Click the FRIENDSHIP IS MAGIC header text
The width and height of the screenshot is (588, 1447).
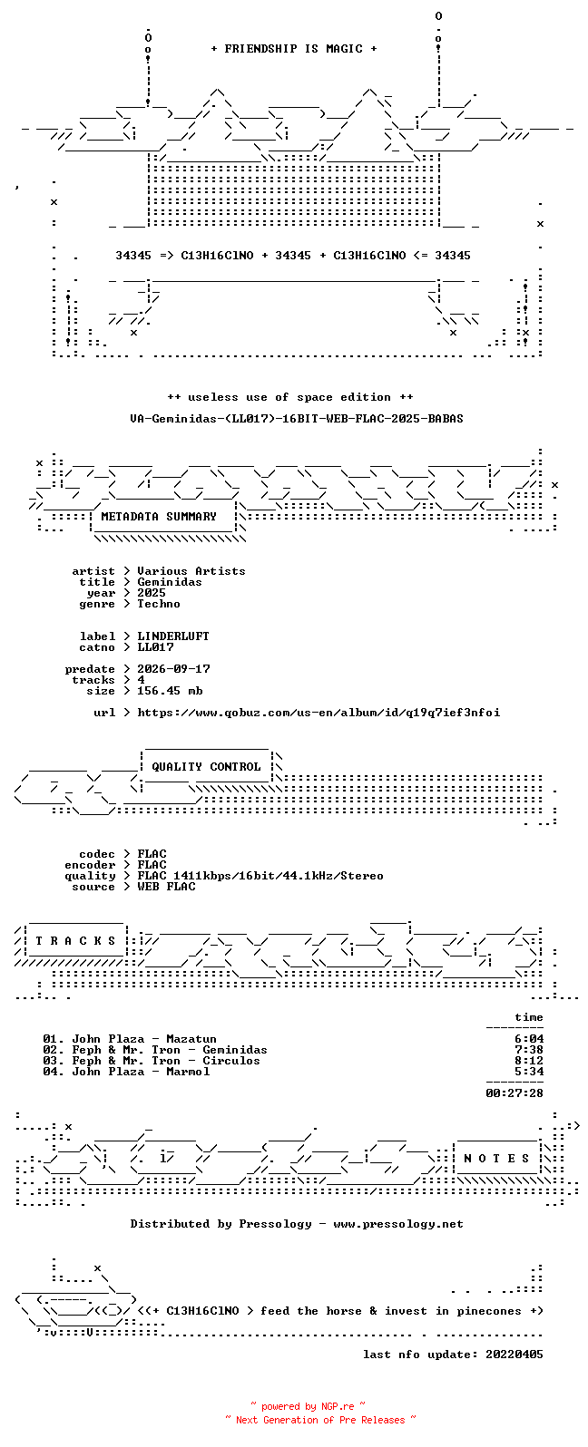pyautogui.click(x=294, y=49)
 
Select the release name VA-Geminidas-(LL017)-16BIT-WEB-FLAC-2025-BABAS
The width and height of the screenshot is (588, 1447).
pyautogui.click(x=297, y=419)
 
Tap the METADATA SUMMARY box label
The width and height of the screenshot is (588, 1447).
pyautogui.click(x=159, y=517)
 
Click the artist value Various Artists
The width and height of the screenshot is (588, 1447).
pyautogui.click(x=191, y=571)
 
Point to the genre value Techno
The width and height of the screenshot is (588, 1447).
pyautogui.click(x=159, y=604)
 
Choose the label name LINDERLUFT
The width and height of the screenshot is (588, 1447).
pyautogui.click(x=173, y=636)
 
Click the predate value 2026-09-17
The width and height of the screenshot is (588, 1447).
pyautogui.click(x=173, y=669)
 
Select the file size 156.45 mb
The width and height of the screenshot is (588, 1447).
pyautogui.click(x=170, y=691)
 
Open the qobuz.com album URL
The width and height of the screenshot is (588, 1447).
pyautogui.click(x=318, y=713)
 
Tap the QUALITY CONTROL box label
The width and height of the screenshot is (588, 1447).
pyautogui.click(x=206, y=767)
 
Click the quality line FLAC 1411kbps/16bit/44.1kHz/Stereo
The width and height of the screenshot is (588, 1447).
pyautogui.click(x=260, y=876)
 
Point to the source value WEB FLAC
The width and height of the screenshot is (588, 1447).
pyautogui.click(x=166, y=887)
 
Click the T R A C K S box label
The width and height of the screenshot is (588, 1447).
pyautogui.click(x=75, y=941)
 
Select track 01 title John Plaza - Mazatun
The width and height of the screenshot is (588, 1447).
pyautogui.click(x=144, y=1039)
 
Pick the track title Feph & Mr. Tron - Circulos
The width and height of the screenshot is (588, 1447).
pyautogui.click(x=166, y=1061)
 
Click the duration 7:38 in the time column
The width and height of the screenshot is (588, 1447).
pyautogui.click(x=529, y=1051)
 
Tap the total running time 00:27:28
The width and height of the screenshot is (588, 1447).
pyautogui.click(x=514, y=1093)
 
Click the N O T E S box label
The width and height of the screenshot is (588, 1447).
pyautogui.click(x=496, y=1159)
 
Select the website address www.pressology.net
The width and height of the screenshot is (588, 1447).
pyautogui.click(x=398, y=1224)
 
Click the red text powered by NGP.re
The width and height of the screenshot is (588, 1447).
pyautogui.click(x=308, y=1406)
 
